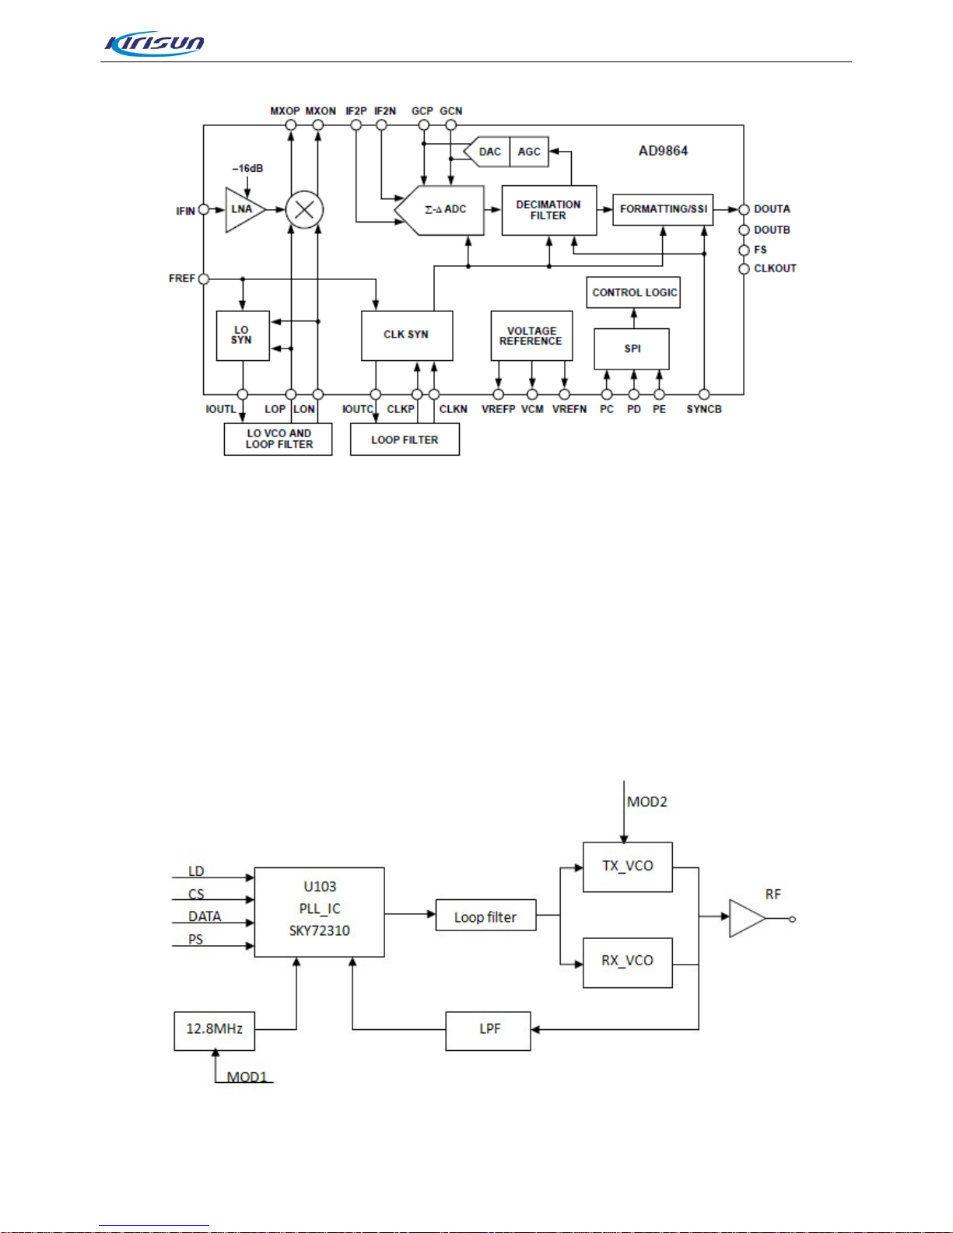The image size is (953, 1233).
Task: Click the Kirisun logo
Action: (154, 44)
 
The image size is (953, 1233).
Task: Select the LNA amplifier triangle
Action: (245, 209)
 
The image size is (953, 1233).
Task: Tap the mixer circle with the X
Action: (305, 210)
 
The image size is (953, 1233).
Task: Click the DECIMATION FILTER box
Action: (549, 210)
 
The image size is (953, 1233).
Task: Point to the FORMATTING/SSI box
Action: (663, 209)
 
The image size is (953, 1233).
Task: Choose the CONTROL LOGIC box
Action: (633, 292)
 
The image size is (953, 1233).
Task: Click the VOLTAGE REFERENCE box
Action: (531, 335)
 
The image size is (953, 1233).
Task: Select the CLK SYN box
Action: (407, 335)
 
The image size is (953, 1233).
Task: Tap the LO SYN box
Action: (243, 335)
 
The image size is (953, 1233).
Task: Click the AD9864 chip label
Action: (663, 151)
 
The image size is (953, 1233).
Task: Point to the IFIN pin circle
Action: (204, 209)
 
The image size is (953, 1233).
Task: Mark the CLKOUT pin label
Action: (775, 268)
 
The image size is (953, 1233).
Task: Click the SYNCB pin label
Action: (704, 409)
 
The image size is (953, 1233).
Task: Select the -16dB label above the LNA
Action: (248, 169)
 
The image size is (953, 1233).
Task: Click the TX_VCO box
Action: (628, 867)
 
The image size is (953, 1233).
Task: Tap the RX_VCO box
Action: (628, 963)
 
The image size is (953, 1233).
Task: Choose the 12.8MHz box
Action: (215, 1031)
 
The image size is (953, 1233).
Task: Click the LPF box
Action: (489, 1031)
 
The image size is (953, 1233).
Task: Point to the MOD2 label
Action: (647, 802)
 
